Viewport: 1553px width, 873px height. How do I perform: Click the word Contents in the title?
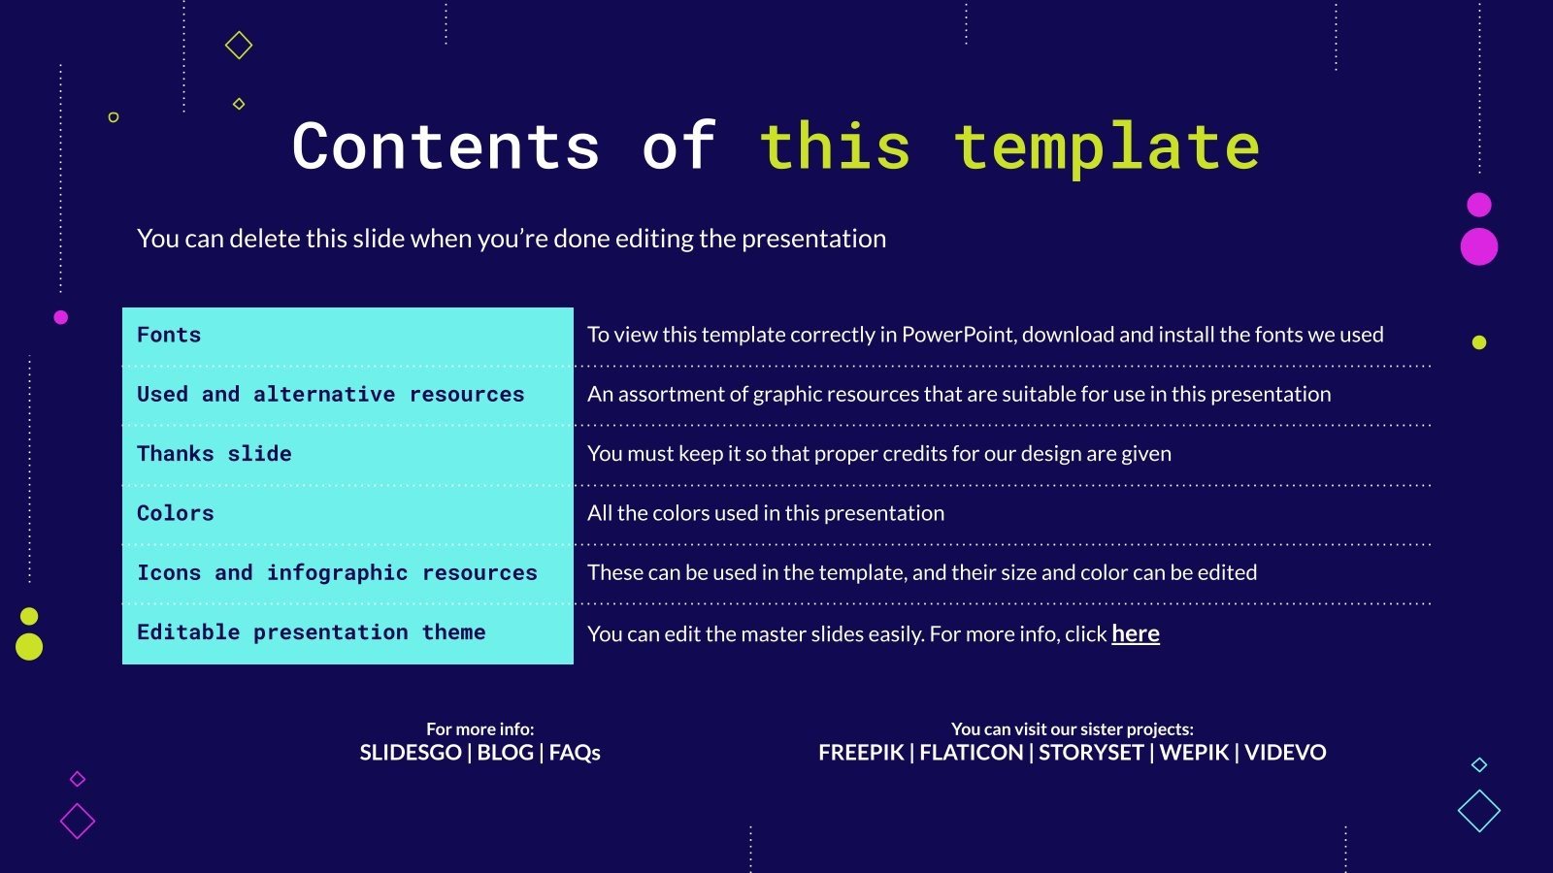pyautogui.click(x=446, y=146)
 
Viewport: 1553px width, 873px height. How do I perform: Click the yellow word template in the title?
pyautogui.click(x=1107, y=146)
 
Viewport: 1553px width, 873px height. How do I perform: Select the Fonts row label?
pyautogui.click(x=169, y=335)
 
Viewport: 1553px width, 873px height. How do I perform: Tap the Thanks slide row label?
pyautogui.click(x=214, y=453)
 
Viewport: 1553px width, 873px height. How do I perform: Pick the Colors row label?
pyautogui.click(x=175, y=513)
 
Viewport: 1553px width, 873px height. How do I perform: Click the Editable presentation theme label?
pyautogui.click(x=311, y=632)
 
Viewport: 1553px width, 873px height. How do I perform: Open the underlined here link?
pyautogui.click(x=1135, y=633)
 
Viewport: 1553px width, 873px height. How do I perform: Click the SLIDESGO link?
pyautogui.click(x=410, y=753)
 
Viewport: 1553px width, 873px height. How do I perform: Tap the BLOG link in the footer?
pyautogui.click(x=505, y=753)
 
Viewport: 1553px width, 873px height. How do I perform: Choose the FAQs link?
pyautogui.click(x=575, y=753)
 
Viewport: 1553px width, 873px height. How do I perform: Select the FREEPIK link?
pyautogui.click(x=861, y=753)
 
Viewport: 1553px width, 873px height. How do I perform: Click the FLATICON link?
pyautogui.click(x=971, y=753)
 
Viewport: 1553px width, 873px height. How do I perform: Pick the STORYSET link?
pyautogui.click(x=1091, y=753)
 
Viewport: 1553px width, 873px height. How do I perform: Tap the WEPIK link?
pyautogui.click(x=1194, y=753)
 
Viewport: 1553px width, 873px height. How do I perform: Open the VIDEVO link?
pyautogui.click(x=1285, y=753)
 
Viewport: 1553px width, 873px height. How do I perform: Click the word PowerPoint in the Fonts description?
pyautogui.click(x=958, y=335)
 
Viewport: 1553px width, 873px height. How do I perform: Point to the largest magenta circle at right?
pyautogui.click(x=1478, y=246)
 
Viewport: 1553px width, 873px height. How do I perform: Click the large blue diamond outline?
pyautogui.click(x=1478, y=811)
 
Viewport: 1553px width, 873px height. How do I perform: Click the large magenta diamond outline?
pyautogui.click(x=78, y=822)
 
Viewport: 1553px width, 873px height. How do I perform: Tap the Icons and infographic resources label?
pyautogui.click(x=337, y=572)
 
